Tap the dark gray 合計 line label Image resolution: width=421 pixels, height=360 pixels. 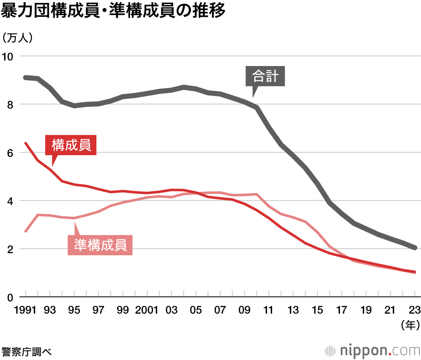(265, 76)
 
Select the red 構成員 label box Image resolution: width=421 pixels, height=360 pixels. (71, 145)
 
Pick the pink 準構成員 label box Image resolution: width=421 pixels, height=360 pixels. (100, 245)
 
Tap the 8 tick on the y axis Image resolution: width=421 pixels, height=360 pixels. (11, 104)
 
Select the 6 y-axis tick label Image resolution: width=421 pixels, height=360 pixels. (11, 153)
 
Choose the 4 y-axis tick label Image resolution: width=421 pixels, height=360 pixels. (11, 201)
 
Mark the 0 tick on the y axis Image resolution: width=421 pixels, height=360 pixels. (11, 297)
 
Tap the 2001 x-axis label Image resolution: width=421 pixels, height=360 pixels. (147, 310)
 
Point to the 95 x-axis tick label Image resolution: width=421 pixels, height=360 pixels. (74, 310)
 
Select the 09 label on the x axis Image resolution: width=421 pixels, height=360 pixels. (245, 310)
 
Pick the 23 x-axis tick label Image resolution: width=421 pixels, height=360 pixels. (415, 310)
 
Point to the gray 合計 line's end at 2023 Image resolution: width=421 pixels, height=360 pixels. (415, 248)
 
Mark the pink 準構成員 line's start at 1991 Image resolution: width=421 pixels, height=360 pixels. (26, 231)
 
